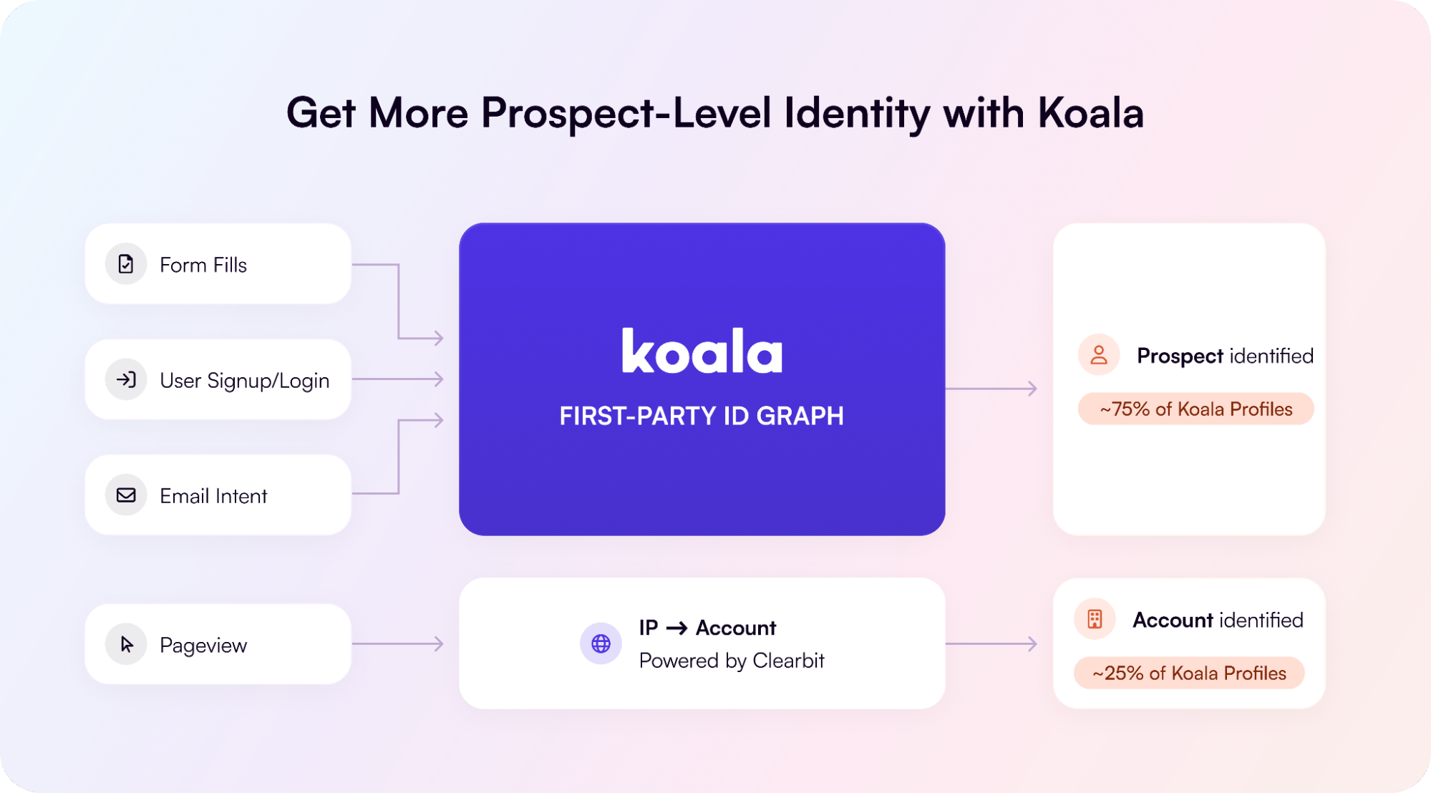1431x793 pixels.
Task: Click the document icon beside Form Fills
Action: pyautogui.click(x=126, y=264)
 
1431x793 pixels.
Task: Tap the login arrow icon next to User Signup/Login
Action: pyautogui.click(x=126, y=379)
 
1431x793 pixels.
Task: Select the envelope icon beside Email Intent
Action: pyautogui.click(x=126, y=495)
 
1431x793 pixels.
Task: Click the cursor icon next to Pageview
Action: pyautogui.click(x=127, y=644)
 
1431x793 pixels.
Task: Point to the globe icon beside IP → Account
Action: pyautogui.click(x=601, y=643)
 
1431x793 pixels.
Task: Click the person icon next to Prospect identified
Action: pyautogui.click(x=1098, y=354)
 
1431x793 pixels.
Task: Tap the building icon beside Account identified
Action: pyautogui.click(x=1095, y=618)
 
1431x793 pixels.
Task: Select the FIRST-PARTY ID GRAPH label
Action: pyautogui.click(x=702, y=416)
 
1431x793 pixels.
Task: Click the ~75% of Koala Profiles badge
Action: pyautogui.click(x=1195, y=409)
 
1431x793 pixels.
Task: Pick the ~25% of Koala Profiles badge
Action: pyautogui.click(x=1189, y=673)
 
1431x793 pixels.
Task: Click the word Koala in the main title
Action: pyautogui.click(x=1091, y=113)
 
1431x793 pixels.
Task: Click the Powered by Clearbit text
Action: pyautogui.click(x=732, y=661)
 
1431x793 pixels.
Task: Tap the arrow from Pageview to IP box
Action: pyautogui.click(x=398, y=643)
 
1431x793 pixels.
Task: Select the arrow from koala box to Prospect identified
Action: pyautogui.click(x=991, y=389)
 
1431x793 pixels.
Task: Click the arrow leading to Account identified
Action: pyautogui.click(x=991, y=643)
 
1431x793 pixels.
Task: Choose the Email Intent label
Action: pyautogui.click(x=213, y=495)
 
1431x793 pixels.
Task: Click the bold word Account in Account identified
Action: pyautogui.click(x=1173, y=620)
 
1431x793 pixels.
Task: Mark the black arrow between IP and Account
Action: pyautogui.click(x=676, y=628)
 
